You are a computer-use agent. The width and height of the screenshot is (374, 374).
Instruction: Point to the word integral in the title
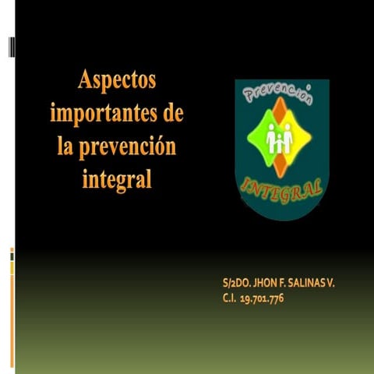click(116, 178)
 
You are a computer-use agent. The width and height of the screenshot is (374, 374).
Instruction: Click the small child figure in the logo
click(280, 143)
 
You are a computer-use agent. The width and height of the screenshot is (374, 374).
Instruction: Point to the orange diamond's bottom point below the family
click(280, 172)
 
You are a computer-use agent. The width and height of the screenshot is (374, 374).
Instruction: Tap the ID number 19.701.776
click(261, 298)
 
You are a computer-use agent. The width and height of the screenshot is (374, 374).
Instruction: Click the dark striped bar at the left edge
click(11, 47)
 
